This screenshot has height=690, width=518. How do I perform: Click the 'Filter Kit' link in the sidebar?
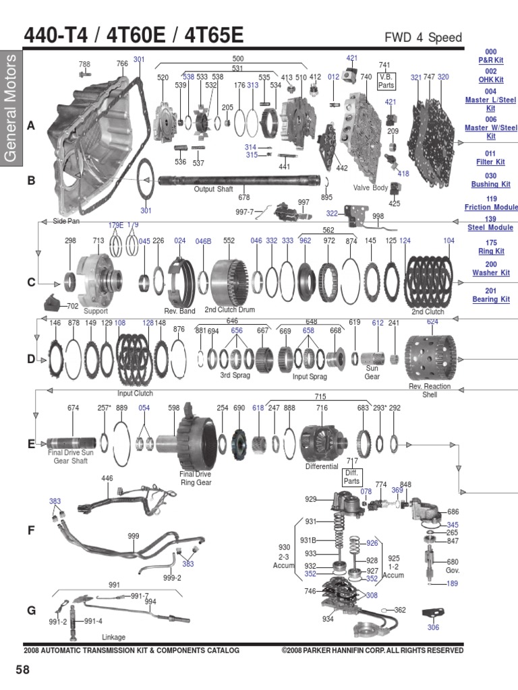[490, 162]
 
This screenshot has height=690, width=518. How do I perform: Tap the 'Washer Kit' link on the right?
[490, 274]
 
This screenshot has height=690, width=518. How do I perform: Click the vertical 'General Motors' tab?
[11, 108]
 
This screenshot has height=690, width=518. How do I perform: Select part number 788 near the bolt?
[84, 65]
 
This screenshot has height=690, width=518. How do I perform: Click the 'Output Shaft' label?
[213, 189]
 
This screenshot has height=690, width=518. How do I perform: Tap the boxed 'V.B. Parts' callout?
[386, 81]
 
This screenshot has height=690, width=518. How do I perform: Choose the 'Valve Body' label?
[370, 188]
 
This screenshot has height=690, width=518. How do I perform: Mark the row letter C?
[30, 282]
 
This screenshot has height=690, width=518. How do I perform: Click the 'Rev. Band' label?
[179, 311]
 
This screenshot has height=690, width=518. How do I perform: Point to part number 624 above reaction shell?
[432, 322]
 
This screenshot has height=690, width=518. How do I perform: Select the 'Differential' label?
[321, 466]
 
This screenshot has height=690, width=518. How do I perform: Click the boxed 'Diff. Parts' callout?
[353, 477]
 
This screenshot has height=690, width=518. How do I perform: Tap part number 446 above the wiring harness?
[107, 478]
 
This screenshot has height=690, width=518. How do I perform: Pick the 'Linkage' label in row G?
[113, 637]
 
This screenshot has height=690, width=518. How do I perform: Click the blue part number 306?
[433, 627]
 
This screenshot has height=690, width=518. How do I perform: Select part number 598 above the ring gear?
[174, 408]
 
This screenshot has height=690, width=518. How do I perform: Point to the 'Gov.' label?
[453, 569]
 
